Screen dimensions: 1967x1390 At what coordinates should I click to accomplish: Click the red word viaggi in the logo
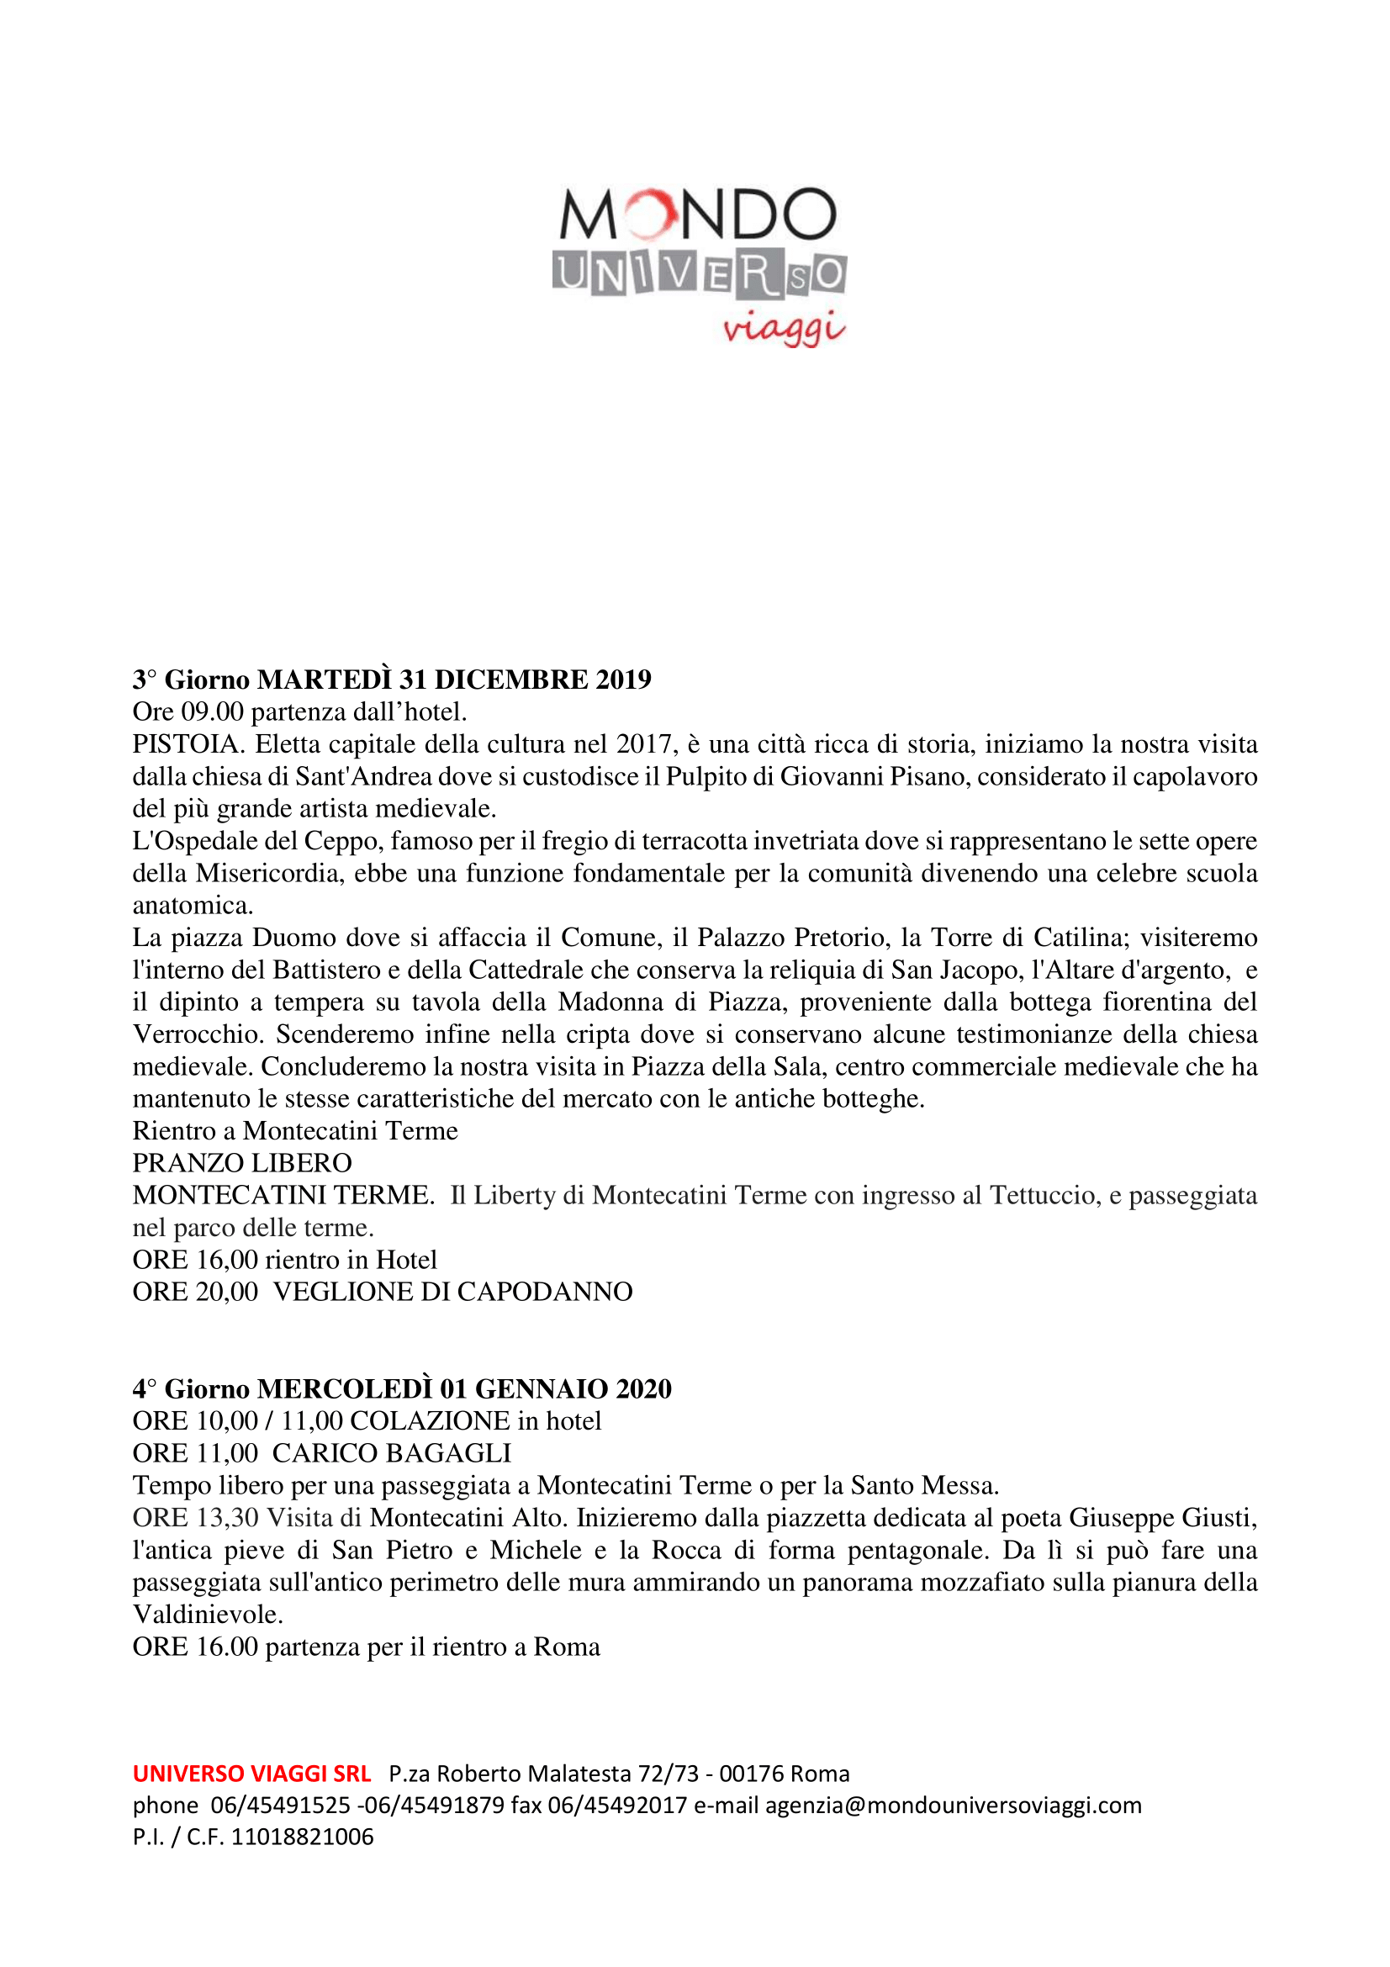point(784,328)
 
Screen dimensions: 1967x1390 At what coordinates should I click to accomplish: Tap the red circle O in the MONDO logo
point(648,214)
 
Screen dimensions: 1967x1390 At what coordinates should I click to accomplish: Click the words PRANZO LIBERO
point(242,1162)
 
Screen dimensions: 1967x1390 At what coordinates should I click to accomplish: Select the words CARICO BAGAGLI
point(391,1453)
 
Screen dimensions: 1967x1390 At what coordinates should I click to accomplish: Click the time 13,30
point(227,1517)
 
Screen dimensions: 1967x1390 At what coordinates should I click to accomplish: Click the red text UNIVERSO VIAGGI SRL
point(251,1774)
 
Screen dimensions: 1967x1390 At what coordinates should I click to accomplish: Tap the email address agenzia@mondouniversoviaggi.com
point(954,1805)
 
